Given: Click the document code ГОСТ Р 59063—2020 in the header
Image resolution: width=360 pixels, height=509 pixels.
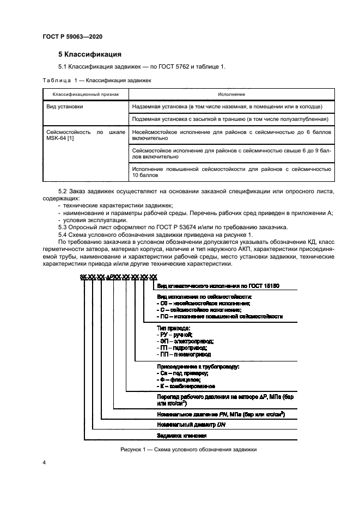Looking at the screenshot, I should [72, 37].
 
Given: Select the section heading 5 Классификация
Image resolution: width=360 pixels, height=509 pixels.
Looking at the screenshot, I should [90, 54].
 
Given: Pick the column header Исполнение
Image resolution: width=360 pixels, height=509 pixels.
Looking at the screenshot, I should [231, 94].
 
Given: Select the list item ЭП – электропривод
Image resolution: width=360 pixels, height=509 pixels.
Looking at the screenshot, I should [185, 341].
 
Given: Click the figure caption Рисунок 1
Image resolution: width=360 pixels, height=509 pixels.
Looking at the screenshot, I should [188, 450].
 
